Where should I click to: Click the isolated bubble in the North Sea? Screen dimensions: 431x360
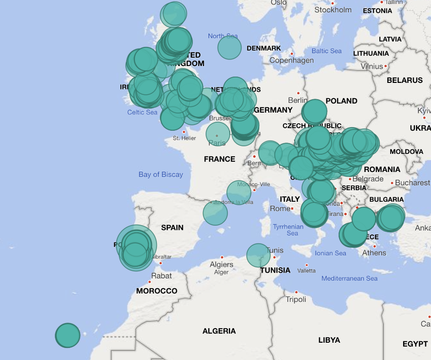(x=229, y=48)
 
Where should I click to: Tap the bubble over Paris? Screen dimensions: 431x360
(x=218, y=133)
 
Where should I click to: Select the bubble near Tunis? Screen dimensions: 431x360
(x=259, y=255)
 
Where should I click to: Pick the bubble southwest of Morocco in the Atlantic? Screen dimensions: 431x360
(x=67, y=335)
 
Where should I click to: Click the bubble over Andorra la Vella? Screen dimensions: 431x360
(x=215, y=213)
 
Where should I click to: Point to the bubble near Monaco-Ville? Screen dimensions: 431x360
(x=239, y=192)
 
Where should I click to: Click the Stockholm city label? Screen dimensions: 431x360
(x=333, y=10)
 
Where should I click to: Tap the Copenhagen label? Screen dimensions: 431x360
(x=291, y=60)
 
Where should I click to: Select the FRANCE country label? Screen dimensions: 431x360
(x=219, y=159)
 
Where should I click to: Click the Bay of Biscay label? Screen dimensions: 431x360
(x=161, y=175)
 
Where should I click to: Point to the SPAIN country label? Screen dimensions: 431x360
(x=172, y=227)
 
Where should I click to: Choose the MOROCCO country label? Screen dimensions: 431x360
(x=157, y=291)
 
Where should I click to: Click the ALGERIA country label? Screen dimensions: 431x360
(x=219, y=331)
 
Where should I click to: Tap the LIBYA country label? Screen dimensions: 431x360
(x=329, y=340)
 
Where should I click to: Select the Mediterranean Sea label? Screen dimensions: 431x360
(x=349, y=278)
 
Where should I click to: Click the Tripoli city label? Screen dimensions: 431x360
(x=296, y=299)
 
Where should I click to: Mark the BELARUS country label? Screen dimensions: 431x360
(x=404, y=80)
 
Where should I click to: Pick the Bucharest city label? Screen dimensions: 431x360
(x=412, y=183)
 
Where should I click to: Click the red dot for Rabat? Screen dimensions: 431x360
(x=150, y=282)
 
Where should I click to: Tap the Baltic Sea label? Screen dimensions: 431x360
(x=326, y=51)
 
